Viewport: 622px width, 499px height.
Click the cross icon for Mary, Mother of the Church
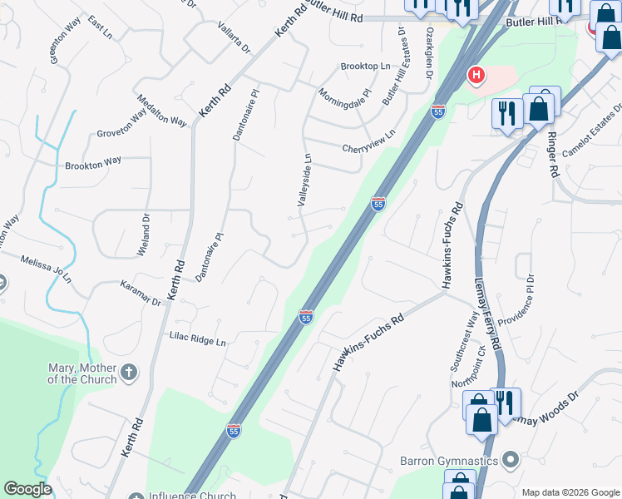point(129,373)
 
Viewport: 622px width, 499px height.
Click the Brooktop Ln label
point(365,66)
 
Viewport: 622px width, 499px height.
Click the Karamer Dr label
point(139,298)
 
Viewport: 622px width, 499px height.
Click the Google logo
point(27,489)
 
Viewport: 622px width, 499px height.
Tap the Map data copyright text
point(570,492)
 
